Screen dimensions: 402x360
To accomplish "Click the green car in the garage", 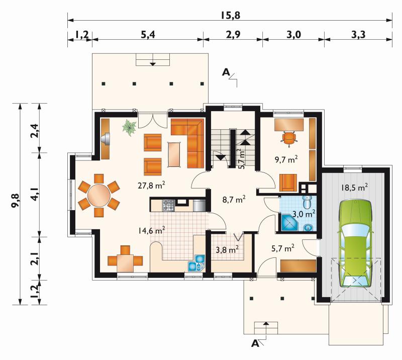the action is tap(356, 244).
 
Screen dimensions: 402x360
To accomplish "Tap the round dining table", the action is tap(99, 196).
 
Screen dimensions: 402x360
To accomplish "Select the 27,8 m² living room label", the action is tap(151, 185).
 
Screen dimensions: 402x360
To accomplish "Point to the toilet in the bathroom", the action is tap(307, 202).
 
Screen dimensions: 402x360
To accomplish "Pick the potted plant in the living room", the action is tap(130, 127).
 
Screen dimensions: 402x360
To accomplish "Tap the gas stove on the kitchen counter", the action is tap(168, 205).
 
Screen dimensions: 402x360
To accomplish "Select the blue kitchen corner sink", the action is tap(196, 263).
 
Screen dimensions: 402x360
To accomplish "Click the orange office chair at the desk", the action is tap(289, 138).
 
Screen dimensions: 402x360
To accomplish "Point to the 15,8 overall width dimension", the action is tap(230, 16).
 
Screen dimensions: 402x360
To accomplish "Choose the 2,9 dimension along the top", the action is tap(233, 35).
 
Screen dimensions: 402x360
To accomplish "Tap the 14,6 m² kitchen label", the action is tap(151, 230).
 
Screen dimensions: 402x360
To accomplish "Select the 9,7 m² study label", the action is tap(286, 159).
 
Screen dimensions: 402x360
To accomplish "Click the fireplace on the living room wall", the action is tap(106, 139).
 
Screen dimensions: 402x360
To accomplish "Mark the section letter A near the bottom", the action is tap(255, 343).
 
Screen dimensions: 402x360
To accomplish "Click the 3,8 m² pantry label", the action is tap(228, 249).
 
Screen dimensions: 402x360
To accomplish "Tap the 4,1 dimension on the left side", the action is tap(35, 194).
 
